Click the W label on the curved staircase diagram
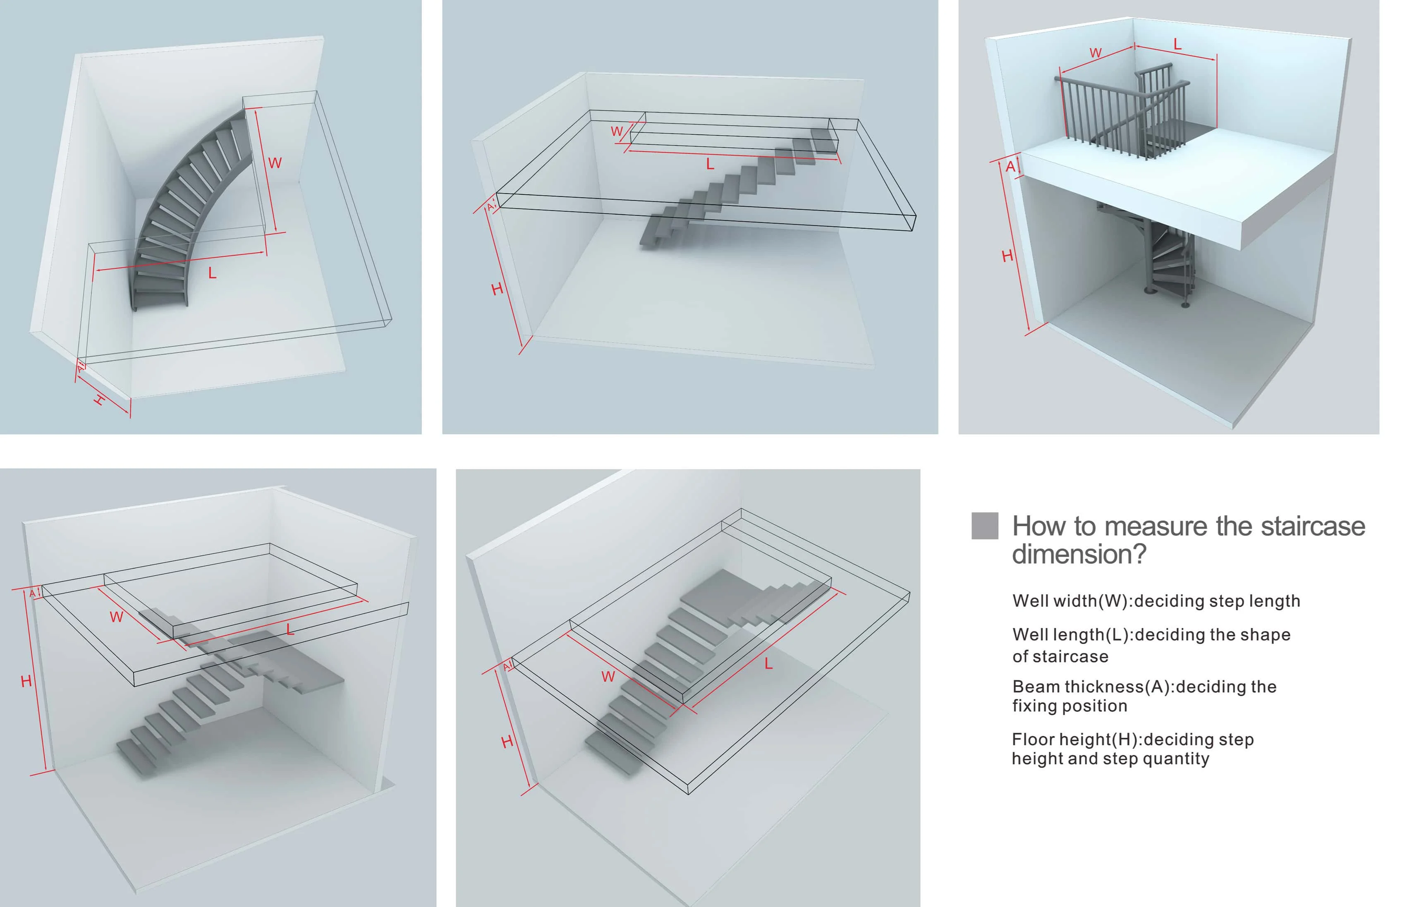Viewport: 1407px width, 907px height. pos(275,163)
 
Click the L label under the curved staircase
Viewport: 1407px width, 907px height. pos(212,273)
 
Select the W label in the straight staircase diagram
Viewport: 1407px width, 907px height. pos(617,132)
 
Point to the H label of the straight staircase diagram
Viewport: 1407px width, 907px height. pos(497,289)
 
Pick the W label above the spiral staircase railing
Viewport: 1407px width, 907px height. pos(1096,53)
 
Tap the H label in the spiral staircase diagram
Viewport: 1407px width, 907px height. pos(1007,256)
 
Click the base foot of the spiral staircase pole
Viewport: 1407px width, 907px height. pos(1149,291)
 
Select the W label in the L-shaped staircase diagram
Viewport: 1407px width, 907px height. pos(117,617)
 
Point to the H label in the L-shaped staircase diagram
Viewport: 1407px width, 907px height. pos(26,682)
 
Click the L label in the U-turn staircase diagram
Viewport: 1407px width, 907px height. pos(768,664)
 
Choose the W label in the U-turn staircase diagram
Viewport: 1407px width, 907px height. pos(608,677)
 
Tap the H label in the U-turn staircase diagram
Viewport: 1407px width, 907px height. pos(507,742)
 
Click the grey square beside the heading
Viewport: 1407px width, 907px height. pos(984,525)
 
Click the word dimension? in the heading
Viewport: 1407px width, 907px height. pos(1078,554)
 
